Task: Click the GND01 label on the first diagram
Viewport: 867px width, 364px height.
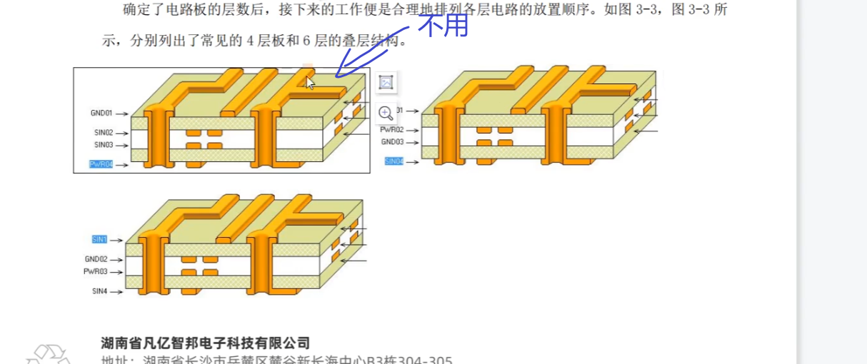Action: click(x=101, y=113)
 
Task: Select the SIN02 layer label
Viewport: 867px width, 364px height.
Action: click(x=104, y=133)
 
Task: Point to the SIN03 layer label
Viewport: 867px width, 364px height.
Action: click(x=104, y=146)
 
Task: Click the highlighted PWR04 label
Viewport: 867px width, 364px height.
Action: click(x=101, y=165)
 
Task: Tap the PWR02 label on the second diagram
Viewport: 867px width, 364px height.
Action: click(x=392, y=130)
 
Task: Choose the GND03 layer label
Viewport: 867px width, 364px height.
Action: click(x=392, y=142)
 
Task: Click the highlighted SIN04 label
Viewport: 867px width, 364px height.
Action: click(x=394, y=161)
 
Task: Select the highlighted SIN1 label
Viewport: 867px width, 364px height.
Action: click(x=99, y=240)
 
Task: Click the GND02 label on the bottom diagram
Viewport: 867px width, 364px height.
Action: click(x=96, y=260)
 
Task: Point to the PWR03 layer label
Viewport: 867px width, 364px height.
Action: click(x=95, y=272)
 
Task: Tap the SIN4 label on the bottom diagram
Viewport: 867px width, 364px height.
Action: click(x=99, y=291)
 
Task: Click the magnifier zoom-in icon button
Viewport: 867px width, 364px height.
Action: click(x=386, y=113)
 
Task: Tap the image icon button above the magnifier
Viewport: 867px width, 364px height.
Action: click(x=386, y=83)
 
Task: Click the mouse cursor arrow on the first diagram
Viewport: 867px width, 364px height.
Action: click(x=309, y=83)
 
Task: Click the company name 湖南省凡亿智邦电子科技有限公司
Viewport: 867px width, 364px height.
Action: click(x=206, y=344)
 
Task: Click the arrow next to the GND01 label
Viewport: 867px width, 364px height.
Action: click(x=122, y=113)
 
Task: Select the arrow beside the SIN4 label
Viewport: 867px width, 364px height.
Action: click(x=117, y=291)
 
